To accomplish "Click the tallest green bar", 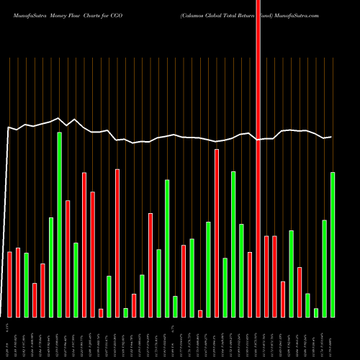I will pyautogui.click(x=60, y=225).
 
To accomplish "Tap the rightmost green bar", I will pyautogui.click(x=333, y=245).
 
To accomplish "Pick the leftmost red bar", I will pyautogui.click(x=9, y=284).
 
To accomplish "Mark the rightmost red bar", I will pyautogui.click(x=300, y=292).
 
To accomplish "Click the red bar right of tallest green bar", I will pyautogui.click(x=68, y=258).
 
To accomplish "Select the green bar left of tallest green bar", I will pyautogui.click(x=51, y=267).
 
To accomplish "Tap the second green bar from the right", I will pyautogui.click(x=325, y=269).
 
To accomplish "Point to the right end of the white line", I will pyautogui.click(x=331, y=137).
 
